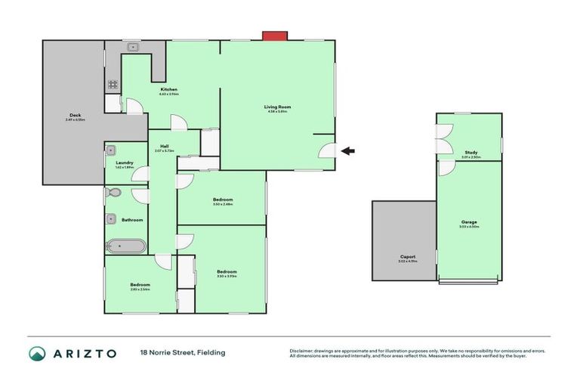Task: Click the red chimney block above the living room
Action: [x=274, y=35]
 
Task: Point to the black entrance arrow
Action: [x=347, y=151]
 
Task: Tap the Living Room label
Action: [x=277, y=107]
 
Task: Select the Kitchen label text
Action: [x=168, y=89]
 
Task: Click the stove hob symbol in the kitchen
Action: [x=113, y=85]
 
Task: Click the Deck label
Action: [x=75, y=115]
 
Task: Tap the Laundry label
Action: [x=125, y=162]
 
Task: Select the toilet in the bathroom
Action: [x=113, y=193]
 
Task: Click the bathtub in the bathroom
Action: [x=125, y=246]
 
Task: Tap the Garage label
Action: [x=469, y=221]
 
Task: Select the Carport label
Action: [x=408, y=257]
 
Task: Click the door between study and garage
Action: [x=446, y=169]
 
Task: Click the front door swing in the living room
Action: [x=326, y=150]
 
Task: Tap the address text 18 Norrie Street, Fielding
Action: [x=182, y=353]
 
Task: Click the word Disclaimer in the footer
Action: [x=302, y=351]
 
